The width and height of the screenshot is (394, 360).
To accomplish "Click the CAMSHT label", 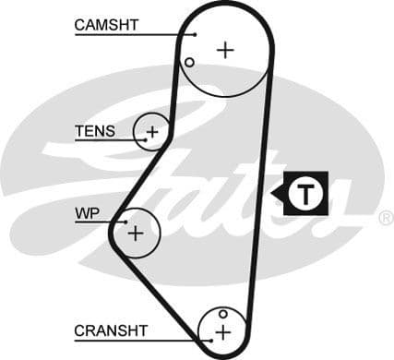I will (x=106, y=25).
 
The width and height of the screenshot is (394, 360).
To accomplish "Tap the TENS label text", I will (x=95, y=131).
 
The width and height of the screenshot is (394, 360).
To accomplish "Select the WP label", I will (x=87, y=213).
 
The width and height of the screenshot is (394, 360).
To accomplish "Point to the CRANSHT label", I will (x=111, y=330).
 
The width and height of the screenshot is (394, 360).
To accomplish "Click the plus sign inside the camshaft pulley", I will (x=225, y=50).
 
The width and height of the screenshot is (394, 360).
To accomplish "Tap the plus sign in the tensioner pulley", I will (x=152, y=132).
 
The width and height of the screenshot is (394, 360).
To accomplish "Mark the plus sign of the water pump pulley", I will (x=136, y=233).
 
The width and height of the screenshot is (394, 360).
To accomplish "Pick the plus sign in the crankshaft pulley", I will (x=222, y=330).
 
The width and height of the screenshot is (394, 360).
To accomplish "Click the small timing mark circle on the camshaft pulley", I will (x=189, y=63).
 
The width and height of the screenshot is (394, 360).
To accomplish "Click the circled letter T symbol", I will (x=303, y=193).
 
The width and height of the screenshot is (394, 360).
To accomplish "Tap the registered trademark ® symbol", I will (x=385, y=218).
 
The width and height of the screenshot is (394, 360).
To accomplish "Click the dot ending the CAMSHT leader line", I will (x=196, y=35).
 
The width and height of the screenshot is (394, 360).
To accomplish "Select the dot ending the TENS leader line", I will (x=142, y=139).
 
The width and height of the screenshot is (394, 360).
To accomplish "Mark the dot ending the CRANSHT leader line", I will (x=210, y=339).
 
